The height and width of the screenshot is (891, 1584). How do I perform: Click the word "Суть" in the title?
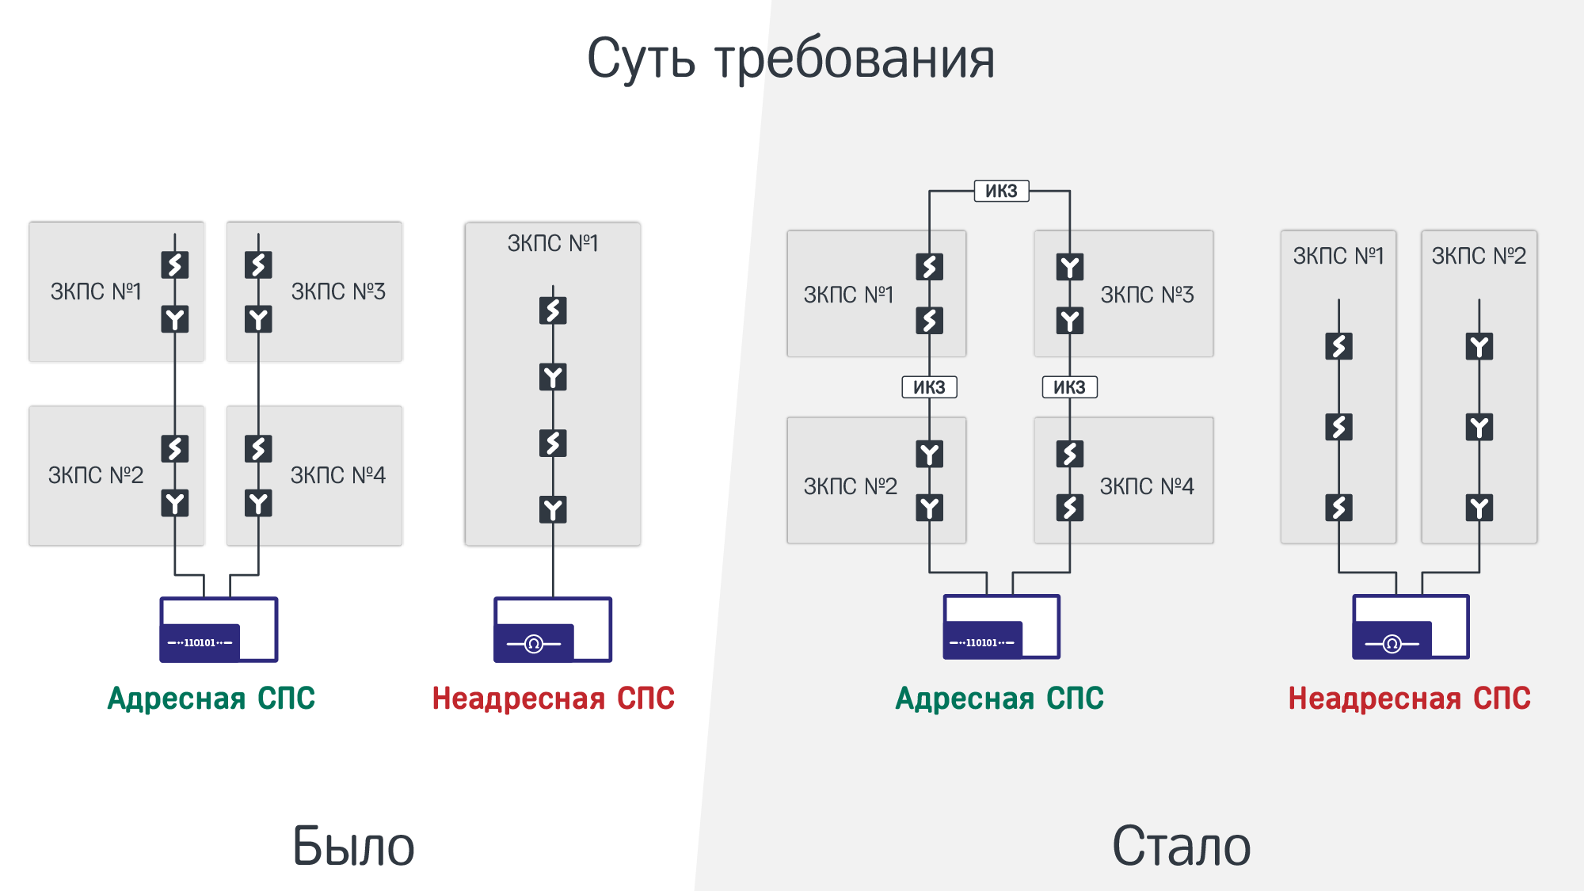tap(641, 59)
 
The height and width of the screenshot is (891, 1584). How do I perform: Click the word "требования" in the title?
tap(855, 60)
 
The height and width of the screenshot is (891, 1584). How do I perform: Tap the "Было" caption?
tap(353, 846)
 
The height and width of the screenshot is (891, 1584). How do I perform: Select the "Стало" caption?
tap(1181, 846)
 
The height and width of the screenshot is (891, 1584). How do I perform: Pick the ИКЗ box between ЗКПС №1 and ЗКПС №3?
tap(1001, 191)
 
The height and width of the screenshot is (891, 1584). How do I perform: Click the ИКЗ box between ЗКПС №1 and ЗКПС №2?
tap(929, 387)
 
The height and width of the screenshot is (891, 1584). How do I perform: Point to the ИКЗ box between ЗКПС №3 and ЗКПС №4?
tap(1069, 387)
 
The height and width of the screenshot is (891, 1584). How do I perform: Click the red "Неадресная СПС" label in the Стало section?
tap(1409, 699)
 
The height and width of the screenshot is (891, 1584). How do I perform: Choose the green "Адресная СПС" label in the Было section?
tap(211, 699)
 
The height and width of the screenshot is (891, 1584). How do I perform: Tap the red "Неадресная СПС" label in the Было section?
tap(553, 699)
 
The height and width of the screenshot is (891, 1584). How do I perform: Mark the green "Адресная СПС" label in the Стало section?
tap(1000, 699)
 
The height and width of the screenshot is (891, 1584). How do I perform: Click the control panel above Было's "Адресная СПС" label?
tap(219, 630)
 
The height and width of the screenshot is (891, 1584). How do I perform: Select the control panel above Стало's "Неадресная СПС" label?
tap(1411, 627)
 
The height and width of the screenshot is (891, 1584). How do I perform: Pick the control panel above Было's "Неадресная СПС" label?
tap(553, 630)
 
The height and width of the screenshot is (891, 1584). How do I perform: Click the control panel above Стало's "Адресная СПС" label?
tap(1001, 627)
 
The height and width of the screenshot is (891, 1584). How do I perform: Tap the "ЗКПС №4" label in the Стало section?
tap(1147, 486)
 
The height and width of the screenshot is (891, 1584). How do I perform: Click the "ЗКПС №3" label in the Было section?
tap(338, 291)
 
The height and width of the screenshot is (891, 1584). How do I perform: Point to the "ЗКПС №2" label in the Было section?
tap(96, 475)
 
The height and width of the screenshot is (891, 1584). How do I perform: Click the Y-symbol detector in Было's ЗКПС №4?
tap(258, 503)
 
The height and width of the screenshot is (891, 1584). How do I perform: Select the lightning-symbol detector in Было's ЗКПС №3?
tap(258, 265)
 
